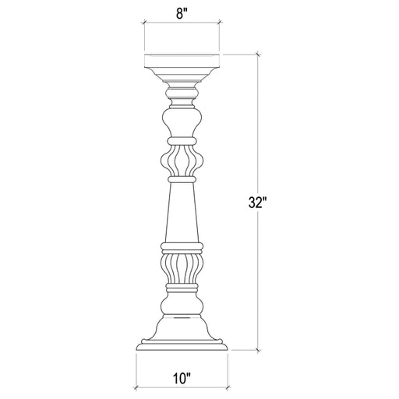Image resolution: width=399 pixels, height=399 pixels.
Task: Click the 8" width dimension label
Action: [x=182, y=12]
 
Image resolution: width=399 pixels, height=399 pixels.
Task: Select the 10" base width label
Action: [x=182, y=381]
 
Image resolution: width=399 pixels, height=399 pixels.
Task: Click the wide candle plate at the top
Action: [x=182, y=63]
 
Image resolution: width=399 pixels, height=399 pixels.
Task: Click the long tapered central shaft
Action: [x=182, y=210]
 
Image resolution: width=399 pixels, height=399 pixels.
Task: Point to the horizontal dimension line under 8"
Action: [x=182, y=24]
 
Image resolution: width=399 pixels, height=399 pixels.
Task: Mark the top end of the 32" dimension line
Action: [x=258, y=54]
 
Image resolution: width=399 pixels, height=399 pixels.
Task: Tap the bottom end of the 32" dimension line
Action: [x=258, y=351]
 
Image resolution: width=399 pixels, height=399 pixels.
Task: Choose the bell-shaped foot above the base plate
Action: [x=182, y=323]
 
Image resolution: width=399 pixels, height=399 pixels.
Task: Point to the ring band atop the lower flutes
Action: [x=182, y=248]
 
